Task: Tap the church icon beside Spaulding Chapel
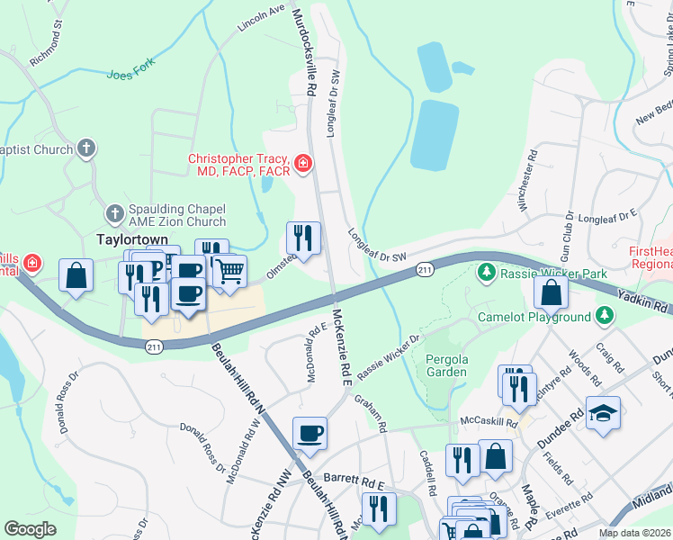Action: [114, 214]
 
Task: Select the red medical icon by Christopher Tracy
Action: [304, 163]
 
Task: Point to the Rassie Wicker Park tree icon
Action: [487, 272]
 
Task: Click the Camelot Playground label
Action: [534, 317]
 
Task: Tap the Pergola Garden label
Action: [445, 364]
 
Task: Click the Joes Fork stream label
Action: [131, 74]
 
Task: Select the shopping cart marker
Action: [230, 270]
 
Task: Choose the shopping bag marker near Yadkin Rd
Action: [551, 292]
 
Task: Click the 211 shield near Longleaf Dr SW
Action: [426, 270]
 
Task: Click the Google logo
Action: [31, 529]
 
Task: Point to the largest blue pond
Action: [435, 136]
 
